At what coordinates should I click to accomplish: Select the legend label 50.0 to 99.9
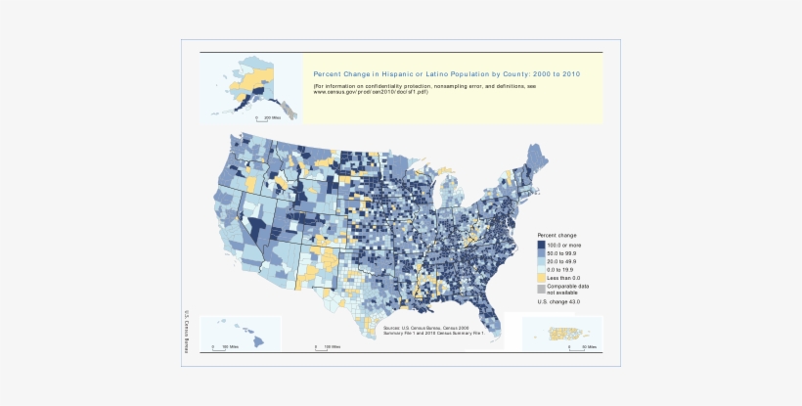[x=562, y=253]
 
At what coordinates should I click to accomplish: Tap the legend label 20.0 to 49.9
[x=562, y=261]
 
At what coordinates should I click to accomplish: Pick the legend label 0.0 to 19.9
[x=561, y=270]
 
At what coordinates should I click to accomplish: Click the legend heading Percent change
[x=557, y=236]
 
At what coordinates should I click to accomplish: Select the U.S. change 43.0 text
[x=558, y=302]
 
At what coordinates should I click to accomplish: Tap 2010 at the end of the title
[x=570, y=73]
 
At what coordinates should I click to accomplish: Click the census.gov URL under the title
[x=368, y=92]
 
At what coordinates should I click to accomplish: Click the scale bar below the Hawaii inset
[x=220, y=346]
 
